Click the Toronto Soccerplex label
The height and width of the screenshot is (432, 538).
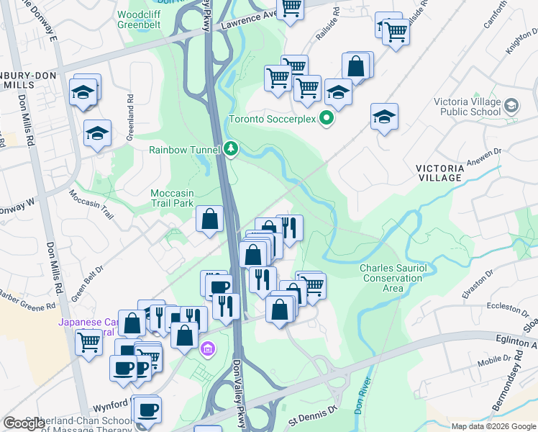pyautogui.click(x=273, y=119)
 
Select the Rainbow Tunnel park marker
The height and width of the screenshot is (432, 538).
pyautogui.click(x=230, y=149)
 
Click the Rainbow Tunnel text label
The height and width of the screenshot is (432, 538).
pyautogui.click(x=183, y=150)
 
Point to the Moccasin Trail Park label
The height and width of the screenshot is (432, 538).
pyautogui.click(x=173, y=198)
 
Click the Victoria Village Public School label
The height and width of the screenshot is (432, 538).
pyautogui.click(x=468, y=107)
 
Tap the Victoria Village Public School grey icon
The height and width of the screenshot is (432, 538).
pyautogui.click(x=511, y=107)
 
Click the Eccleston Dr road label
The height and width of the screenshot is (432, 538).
pyautogui.click(x=503, y=308)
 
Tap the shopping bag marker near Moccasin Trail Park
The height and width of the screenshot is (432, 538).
pyautogui.click(x=209, y=220)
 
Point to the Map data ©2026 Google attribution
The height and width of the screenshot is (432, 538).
pyautogui.click(x=493, y=426)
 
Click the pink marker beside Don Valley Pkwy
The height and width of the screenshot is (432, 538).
pyautogui.click(x=209, y=348)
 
